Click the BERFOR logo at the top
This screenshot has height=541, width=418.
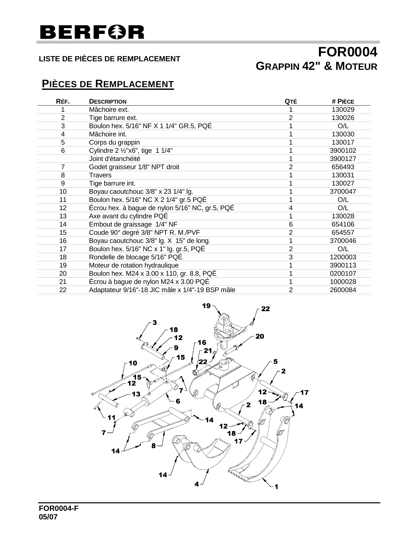tap(92, 32)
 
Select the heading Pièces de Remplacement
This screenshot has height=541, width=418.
tap(108, 84)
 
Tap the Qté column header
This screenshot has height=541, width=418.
tap(290, 101)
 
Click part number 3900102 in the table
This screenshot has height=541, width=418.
tap(343, 150)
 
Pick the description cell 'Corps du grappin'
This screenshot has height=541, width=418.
tap(114, 142)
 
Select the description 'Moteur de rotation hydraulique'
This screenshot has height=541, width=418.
tap(134, 265)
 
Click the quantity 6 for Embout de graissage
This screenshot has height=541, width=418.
tap(290, 224)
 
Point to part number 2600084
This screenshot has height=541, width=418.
tap(343, 290)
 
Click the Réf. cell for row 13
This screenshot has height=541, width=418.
tap(63, 216)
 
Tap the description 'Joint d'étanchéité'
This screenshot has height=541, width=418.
tap(115, 159)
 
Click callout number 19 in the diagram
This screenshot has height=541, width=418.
tap(206, 306)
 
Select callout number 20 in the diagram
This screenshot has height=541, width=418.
tap(260, 336)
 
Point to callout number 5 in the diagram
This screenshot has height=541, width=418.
tap(275, 362)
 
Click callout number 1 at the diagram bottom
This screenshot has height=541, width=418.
tap(276, 487)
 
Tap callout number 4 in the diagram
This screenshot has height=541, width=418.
tap(196, 484)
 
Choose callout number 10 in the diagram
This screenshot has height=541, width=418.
tap(133, 363)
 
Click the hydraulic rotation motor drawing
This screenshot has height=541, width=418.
tap(227, 328)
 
